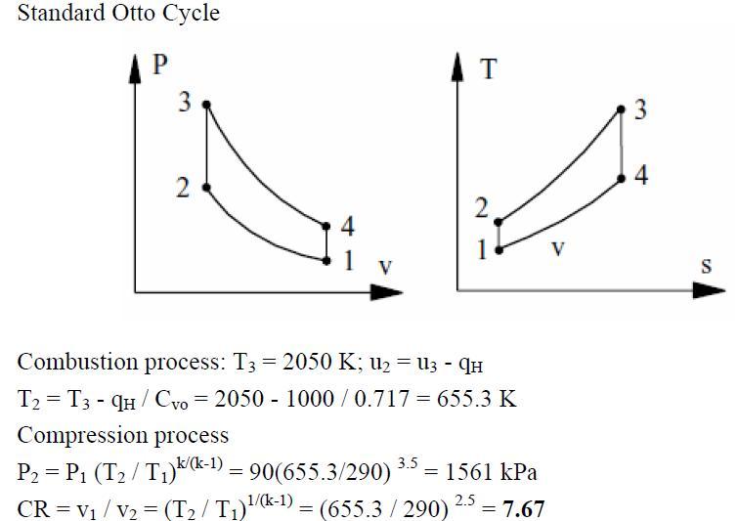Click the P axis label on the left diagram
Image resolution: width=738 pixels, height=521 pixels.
pyautogui.click(x=162, y=65)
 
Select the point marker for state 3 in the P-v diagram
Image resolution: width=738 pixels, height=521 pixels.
pyautogui.click(x=205, y=104)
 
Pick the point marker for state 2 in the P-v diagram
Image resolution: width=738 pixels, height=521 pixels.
pyautogui.click(x=205, y=187)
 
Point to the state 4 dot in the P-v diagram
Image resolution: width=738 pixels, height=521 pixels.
pyautogui.click(x=326, y=226)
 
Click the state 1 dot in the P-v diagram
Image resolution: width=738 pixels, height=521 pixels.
pyautogui.click(x=326, y=259)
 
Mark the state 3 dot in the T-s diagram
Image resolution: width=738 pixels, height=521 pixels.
pyautogui.click(x=621, y=109)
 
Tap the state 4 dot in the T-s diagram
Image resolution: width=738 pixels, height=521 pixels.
pyautogui.click(x=621, y=179)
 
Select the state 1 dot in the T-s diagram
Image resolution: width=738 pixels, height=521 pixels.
pyautogui.click(x=499, y=250)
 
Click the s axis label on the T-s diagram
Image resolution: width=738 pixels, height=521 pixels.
pyautogui.click(x=706, y=266)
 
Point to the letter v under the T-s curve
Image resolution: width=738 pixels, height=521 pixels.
pyautogui.click(x=557, y=249)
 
